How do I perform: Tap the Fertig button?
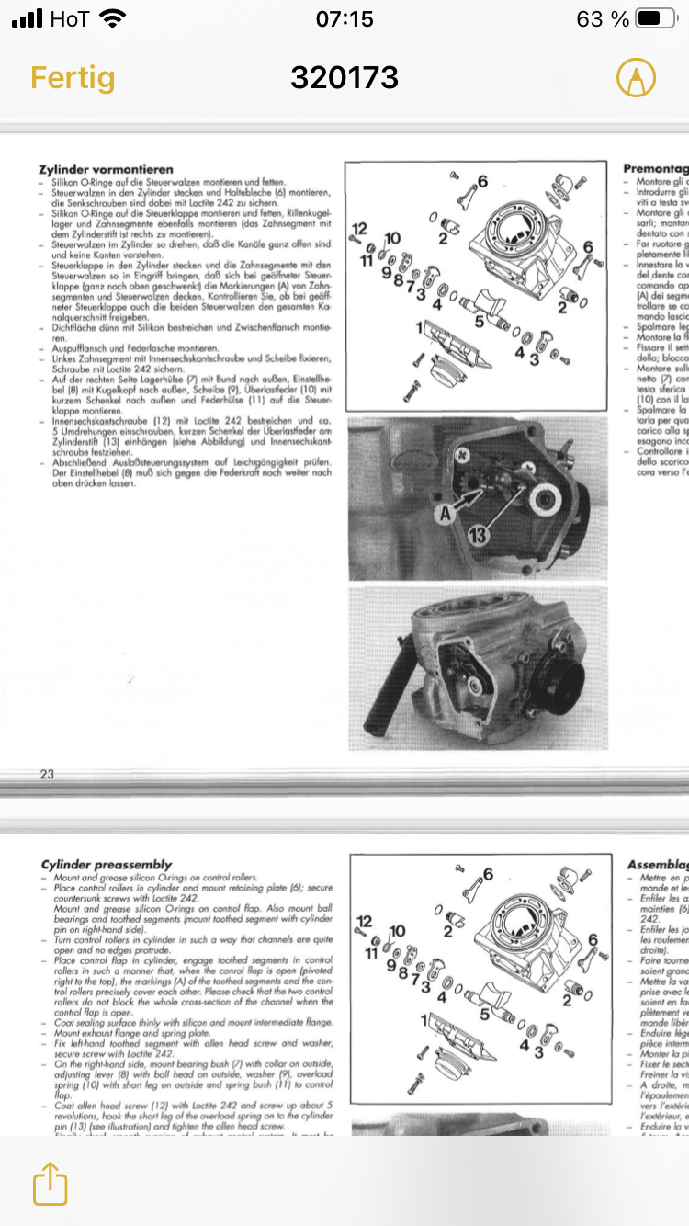(73, 77)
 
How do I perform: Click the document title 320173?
(344, 77)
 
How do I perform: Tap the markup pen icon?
(636, 77)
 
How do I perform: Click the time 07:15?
(344, 19)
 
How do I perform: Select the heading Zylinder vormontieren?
(106, 170)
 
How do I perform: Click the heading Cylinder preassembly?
(107, 864)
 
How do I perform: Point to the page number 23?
(47, 774)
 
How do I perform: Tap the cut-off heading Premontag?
(655, 169)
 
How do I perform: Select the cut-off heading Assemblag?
(656, 864)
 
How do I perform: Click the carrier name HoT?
(70, 19)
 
